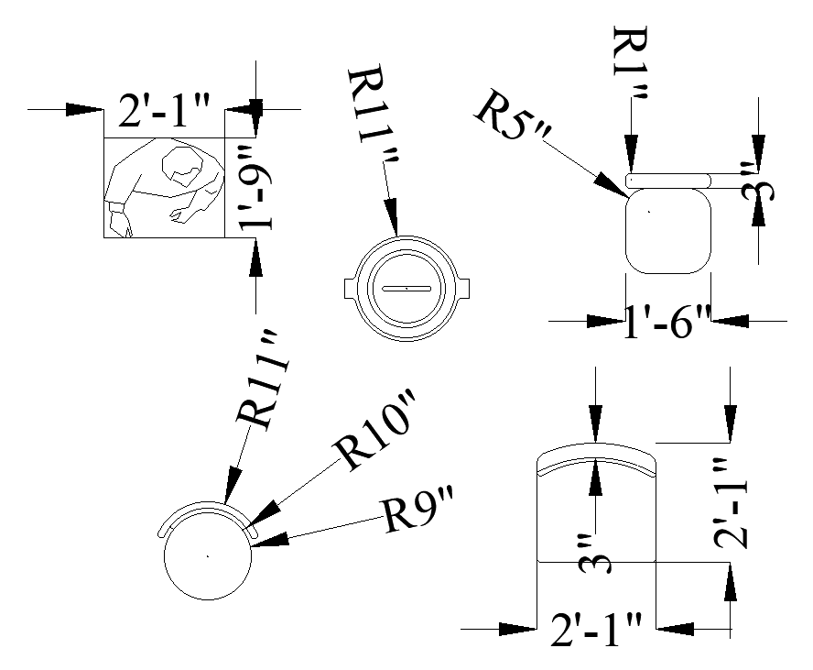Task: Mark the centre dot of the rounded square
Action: tap(648, 211)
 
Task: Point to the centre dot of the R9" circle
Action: tap(208, 555)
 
